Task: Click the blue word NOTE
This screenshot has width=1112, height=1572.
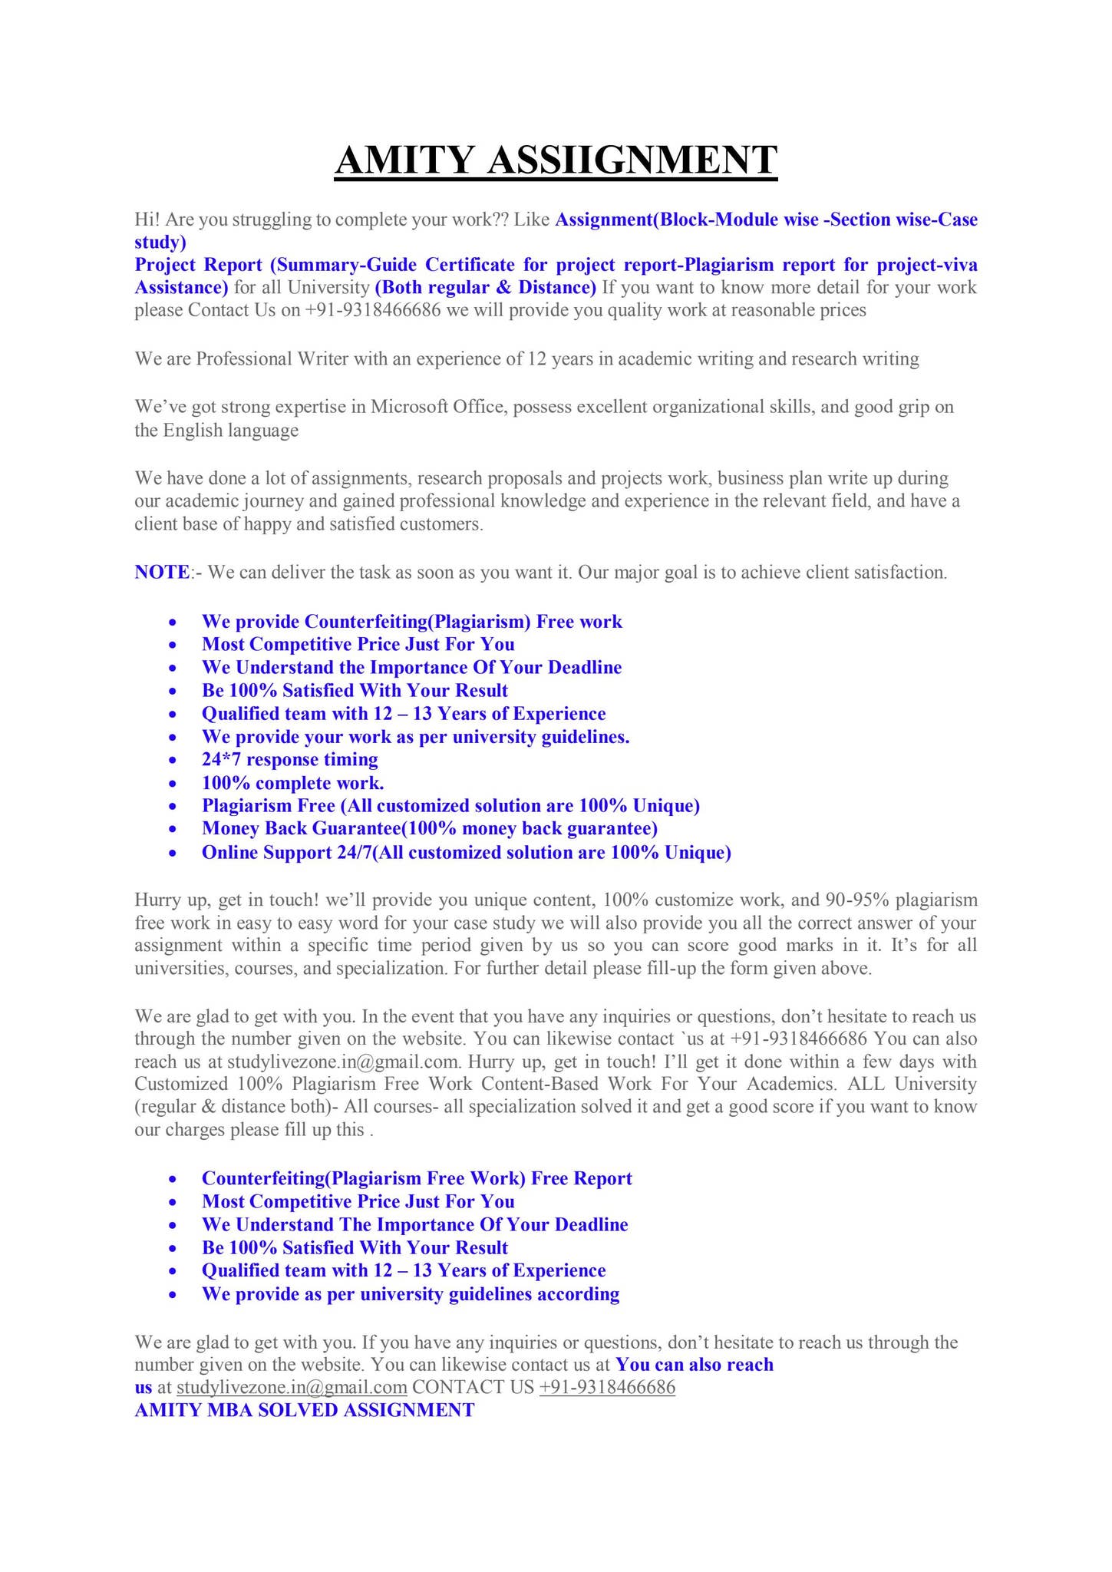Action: pos(162,573)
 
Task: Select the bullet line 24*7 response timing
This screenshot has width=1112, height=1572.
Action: pos(289,760)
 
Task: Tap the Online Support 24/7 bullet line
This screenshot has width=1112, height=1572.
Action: pos(466,853)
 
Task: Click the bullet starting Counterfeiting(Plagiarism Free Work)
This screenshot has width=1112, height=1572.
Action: pos(417,1178)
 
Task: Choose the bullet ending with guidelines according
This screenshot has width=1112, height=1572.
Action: pos(410,1294)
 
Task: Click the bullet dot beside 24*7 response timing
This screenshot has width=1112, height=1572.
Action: pos(176,761)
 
